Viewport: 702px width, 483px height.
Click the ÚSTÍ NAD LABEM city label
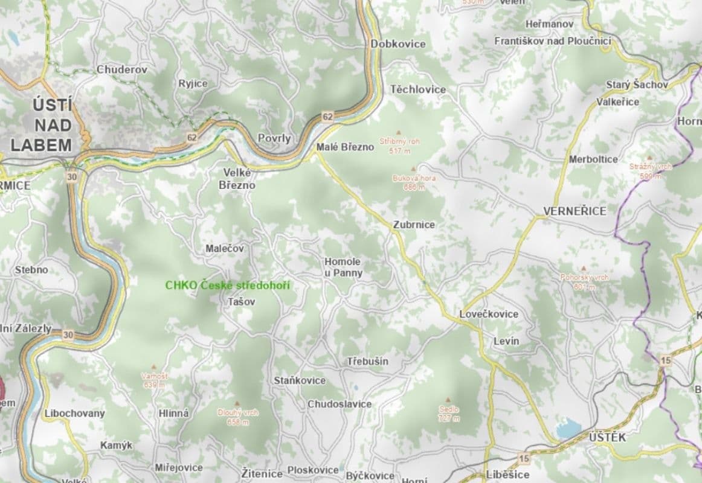41,126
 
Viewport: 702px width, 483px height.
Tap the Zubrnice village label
414,225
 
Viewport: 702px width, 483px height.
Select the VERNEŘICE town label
575,211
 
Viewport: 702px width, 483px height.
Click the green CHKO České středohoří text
228,285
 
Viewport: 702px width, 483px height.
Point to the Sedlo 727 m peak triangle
448,400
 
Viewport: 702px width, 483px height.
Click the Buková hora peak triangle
413,169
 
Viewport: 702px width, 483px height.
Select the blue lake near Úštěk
568,429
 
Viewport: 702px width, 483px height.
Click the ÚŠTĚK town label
607,438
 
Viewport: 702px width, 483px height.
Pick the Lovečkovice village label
489,315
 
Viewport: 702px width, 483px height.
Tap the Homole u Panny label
343,267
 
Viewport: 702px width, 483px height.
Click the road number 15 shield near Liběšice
524,459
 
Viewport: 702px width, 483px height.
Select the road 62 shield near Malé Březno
327,116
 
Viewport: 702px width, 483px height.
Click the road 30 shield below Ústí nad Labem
72,176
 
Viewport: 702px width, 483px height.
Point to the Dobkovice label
398,44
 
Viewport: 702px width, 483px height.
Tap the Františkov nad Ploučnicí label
553,41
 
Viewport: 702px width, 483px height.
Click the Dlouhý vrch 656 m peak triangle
237,403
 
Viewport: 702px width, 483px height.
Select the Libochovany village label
74,414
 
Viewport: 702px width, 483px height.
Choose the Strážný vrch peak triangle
650,157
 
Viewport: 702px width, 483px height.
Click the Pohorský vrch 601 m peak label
584,281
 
